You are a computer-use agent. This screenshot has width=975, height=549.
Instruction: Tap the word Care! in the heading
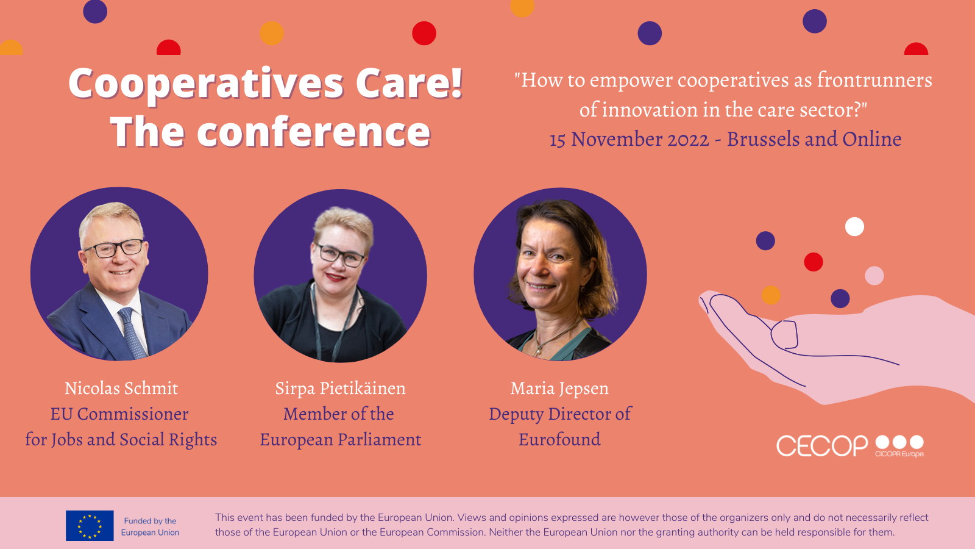tap(409, 83)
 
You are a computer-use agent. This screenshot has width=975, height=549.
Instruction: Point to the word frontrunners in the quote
tap(874, 80)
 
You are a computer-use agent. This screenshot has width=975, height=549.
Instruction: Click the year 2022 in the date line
tap(688, 140)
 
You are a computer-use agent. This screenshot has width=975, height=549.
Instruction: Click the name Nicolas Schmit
tap(121, 388)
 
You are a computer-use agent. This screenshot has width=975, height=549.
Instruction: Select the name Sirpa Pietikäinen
tap(341, 389)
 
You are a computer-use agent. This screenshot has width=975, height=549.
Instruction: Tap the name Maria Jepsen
tap(560, 389)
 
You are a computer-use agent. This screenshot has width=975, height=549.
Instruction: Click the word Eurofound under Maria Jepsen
tap(560, 439)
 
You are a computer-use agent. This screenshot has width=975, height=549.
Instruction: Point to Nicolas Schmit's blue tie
tap(132, 333)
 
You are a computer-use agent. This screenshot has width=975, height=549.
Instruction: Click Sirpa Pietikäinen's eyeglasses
tap(341, 256)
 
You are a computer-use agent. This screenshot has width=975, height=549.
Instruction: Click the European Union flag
tap(90, 525)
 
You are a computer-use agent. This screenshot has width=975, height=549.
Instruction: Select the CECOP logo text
tap(822, 446)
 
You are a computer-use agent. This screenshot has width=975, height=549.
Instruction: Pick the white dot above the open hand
tap(854, 226)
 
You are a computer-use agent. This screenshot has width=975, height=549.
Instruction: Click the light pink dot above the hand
tap(874, 275)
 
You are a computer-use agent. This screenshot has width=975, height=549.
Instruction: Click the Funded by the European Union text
tap(150, 526)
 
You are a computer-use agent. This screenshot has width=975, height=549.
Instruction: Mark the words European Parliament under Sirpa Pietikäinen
tap(341, 439)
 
